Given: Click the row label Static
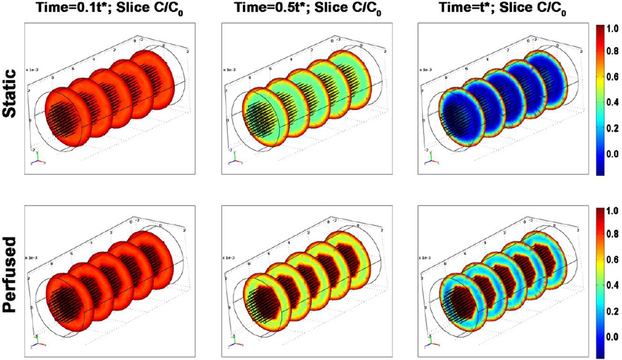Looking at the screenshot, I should [11, 99].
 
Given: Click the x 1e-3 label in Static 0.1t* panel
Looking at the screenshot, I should [31, 70].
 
